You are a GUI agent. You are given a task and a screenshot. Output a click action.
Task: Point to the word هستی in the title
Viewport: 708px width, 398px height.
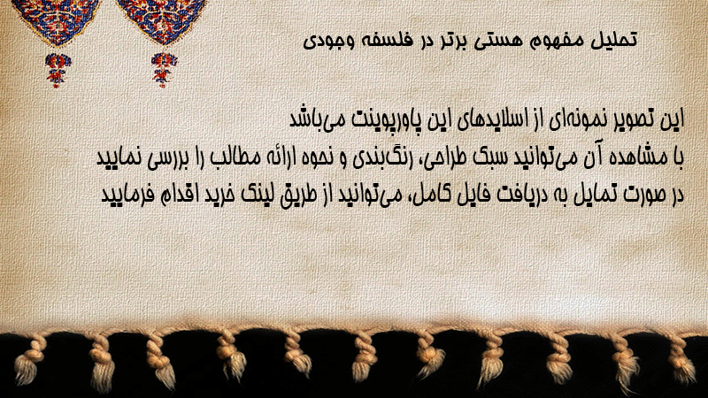tap(499, 41)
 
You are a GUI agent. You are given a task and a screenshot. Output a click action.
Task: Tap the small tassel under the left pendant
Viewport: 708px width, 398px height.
tap(57, 70)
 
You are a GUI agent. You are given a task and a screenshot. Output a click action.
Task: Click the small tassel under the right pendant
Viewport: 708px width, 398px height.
tap(164, 69)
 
